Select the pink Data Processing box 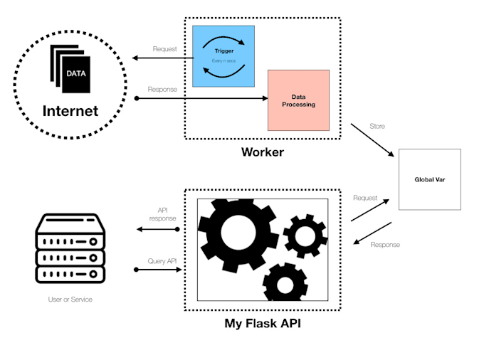(x=298, y=100)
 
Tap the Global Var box (x=429, y=179)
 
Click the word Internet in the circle (x=70, y=112)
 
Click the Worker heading (x=263, y=152)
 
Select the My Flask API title (x=263, y=324)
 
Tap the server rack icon (x=70, y=250)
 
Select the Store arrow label (x=377, y=126)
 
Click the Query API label (x=162, y=261)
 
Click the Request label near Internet (x=164, y=49)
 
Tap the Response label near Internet (x=162, y=89)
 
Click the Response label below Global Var (x=385, y=245)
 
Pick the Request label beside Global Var (x=366, y=198)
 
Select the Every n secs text (x=223, y=61)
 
